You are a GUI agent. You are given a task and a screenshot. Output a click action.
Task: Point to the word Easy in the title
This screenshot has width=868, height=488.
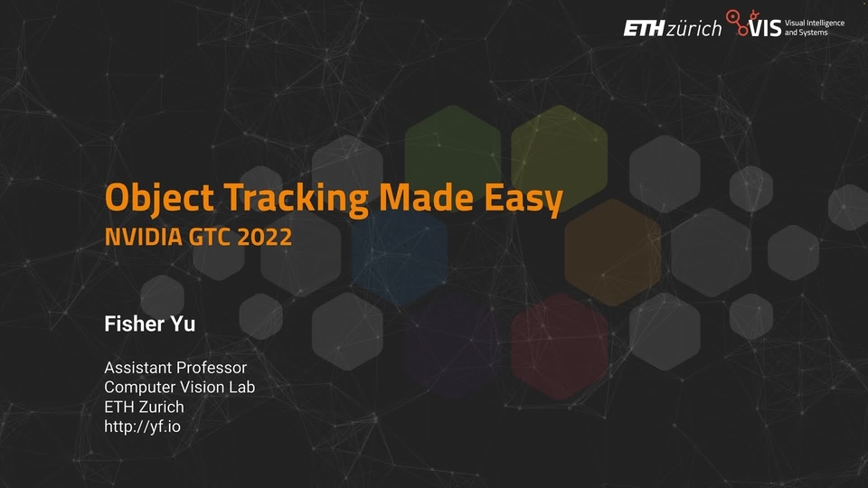pyautogui.click(x=518, y=198)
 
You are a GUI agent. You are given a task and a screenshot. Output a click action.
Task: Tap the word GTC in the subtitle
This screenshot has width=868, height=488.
pyautogui.click(x=206, y=238)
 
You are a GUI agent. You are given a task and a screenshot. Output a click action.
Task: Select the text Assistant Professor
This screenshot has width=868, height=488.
pyautogui.click(x=175, y=369)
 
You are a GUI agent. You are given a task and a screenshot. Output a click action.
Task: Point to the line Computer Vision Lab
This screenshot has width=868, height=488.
pyautogui.click(x=179, y=388)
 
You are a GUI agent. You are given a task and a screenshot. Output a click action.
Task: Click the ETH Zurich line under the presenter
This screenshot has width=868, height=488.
pyautogui.click(x=144, y=407)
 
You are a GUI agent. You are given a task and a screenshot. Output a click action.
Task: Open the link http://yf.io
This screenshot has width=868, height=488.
pyautogui.click(x=142, y=426)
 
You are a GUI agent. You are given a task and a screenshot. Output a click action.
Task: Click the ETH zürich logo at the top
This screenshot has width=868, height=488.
pyautogui.click(x=672, y=28)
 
